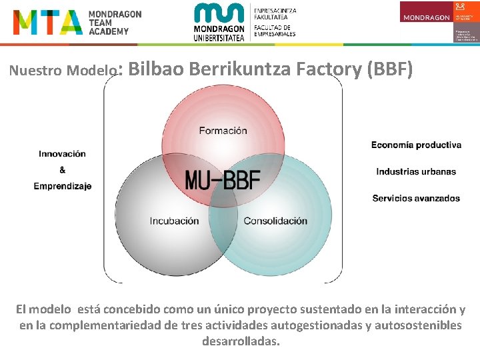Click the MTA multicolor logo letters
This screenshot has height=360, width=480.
[x=47, y=23]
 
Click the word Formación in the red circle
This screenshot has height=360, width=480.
[x=223, y=131]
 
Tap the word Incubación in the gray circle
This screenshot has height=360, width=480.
[x=174, y=221]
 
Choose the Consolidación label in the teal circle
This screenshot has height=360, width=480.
[x=275, y=221]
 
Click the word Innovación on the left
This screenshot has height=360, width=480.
[x=62, y=154]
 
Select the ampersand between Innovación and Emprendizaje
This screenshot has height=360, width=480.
[x=62, y=170]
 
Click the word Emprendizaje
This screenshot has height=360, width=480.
[x=63, y=186]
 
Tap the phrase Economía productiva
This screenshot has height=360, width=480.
[x=416, y=145]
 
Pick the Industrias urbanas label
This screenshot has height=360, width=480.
[x=416, y=171]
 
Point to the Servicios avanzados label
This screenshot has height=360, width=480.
[x=416, y=198]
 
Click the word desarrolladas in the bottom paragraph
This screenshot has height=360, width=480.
[x=241, y=341]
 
